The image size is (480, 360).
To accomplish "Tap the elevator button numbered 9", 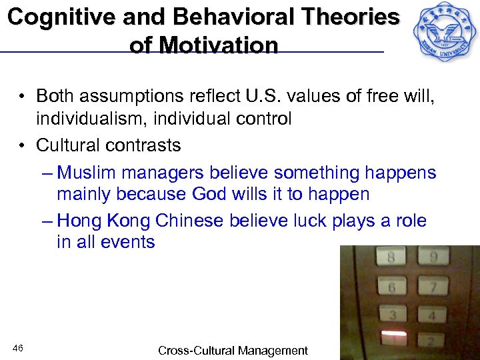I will point(433,257).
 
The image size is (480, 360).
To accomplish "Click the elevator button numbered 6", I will point(392,287).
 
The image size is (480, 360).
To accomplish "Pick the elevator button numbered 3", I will point(394,315).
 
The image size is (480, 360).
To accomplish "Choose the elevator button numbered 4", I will point(432,315).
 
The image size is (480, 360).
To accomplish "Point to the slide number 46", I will point(18,349).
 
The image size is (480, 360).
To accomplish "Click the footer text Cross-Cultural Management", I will point(233,350).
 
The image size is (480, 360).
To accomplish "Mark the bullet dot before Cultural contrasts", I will point(23,145).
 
